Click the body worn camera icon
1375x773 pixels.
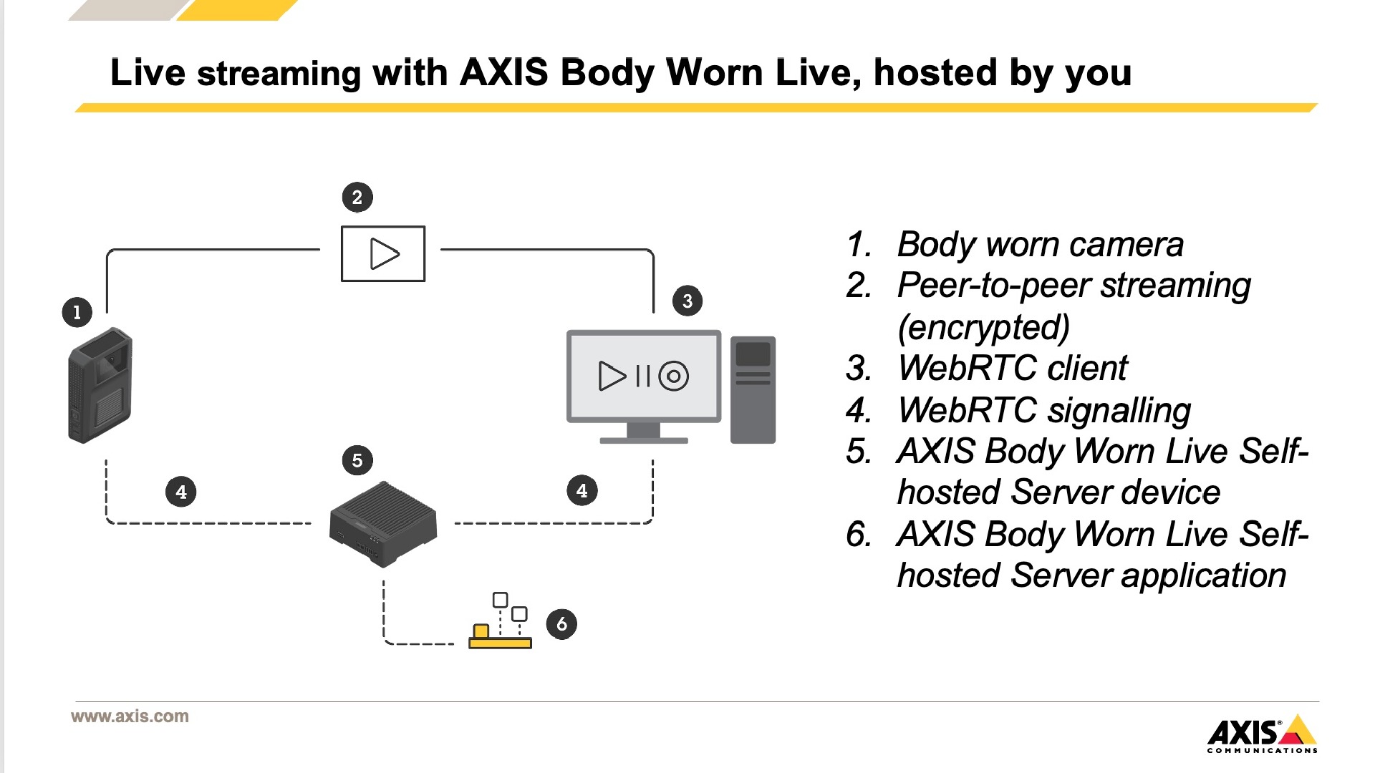pos(100,385)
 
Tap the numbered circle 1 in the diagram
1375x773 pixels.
pos(77,312)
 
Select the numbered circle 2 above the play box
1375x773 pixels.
pos(357,198)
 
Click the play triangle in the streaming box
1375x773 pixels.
pos(384,254)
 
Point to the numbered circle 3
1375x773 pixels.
pos(687,301)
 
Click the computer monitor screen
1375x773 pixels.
pos(643,376)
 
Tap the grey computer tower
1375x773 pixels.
pos(753,389)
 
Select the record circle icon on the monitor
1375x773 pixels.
pos(673,376)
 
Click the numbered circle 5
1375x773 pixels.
pos(357,460)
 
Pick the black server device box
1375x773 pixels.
pos(383,525)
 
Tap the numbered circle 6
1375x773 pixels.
pos(561,624)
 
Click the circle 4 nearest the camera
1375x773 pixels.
pos(181,492)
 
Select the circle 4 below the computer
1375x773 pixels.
pos(582,491)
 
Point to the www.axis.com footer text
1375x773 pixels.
pos(130,716)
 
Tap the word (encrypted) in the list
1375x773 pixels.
pos(983,327)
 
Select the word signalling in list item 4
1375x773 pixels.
pos(1119,411)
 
